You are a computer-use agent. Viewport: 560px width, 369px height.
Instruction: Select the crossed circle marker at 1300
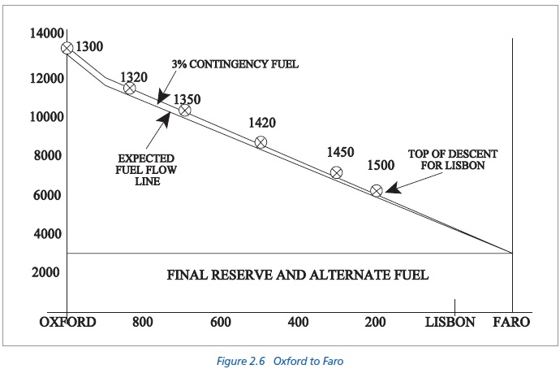[67, 48]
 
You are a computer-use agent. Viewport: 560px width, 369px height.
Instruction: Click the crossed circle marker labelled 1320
[129, 88]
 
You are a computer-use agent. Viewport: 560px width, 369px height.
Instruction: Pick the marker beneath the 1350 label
[184, 110]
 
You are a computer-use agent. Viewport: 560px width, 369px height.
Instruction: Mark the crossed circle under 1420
[261, 142]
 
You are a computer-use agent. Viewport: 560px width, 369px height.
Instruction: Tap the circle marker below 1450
[336, 172]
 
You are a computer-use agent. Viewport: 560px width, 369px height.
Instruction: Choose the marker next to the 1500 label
[376, 190]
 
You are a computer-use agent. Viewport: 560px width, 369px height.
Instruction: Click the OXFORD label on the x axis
[67, 322]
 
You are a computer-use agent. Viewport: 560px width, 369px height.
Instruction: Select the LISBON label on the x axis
[450, 322]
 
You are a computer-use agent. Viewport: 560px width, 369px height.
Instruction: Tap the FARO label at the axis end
[511, 322]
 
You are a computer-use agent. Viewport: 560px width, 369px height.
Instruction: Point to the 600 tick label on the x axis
[220, 322]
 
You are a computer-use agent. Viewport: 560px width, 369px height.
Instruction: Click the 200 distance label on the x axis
[374, 322]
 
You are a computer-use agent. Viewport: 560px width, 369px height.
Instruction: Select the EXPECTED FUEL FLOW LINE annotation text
[144, 170]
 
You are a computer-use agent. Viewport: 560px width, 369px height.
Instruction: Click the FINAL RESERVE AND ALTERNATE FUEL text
[297, 275]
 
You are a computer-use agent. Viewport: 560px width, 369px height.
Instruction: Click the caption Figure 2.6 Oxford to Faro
[280, 358]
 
